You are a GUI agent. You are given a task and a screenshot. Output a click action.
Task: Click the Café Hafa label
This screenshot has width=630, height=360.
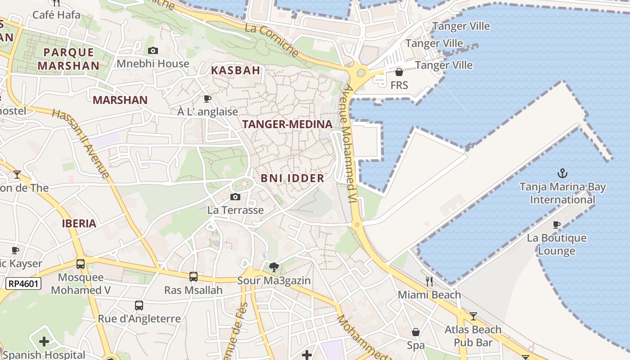coord(56,15)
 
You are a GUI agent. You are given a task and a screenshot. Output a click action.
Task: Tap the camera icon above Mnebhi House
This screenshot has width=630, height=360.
coord(153,50)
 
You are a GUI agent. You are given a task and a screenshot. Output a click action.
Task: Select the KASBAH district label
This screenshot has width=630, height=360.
coord(236,70)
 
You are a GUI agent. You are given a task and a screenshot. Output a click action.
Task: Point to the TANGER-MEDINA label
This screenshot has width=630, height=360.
coord(288,124)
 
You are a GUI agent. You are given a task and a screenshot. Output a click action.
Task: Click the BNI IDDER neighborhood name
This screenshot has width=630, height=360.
coord(292,178)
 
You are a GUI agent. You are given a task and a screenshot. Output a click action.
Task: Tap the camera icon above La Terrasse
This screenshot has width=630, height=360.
coord(235,197)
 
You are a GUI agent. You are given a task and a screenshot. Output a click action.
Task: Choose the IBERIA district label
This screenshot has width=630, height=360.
coord(79,224)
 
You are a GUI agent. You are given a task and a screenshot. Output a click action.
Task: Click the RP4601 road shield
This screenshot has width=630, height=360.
coord(23,283)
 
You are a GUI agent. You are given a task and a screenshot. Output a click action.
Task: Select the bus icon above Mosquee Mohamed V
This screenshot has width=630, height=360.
coord(81,264)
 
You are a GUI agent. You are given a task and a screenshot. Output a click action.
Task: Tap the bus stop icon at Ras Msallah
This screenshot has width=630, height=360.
coord(193,277)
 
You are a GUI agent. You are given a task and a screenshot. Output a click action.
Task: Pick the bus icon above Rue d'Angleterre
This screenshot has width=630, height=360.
coord(139,306)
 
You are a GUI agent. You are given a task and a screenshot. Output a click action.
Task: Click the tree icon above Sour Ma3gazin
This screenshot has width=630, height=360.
coord(274,268)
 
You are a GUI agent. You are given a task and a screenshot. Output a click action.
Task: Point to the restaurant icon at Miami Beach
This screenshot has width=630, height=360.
coord(429,282)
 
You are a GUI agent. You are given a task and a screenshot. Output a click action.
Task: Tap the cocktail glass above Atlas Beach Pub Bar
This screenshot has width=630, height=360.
coord(473,316)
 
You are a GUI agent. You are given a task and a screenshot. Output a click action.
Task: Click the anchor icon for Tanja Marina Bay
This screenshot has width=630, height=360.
coord(562,173)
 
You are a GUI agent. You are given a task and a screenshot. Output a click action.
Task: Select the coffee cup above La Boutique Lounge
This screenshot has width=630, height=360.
coord(557,225)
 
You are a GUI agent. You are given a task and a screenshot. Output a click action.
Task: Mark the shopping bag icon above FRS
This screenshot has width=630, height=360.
coord(399,72)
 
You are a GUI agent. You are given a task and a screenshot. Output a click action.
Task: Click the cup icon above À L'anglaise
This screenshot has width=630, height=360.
coord(207,99)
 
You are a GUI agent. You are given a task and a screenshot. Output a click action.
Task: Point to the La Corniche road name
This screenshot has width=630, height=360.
coord(272,40)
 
